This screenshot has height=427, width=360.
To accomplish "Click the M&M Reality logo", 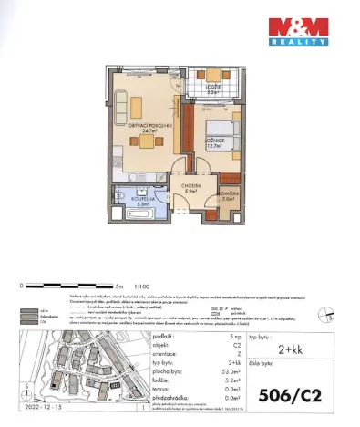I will [x=298, y=30].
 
